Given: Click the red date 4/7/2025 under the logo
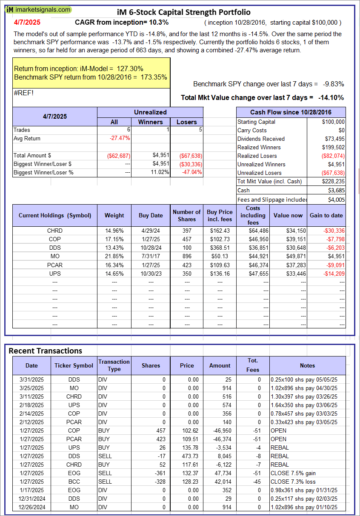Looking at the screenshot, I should point(27,22).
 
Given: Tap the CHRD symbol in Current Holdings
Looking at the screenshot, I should point(55,231).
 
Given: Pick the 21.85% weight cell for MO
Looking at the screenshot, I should point(114,256).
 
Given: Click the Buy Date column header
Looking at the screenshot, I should point(151,215).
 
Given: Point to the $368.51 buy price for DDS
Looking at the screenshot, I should point(220,248).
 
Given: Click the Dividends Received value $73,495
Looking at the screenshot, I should point(333,139).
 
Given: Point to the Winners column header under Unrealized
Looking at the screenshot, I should point(150,122).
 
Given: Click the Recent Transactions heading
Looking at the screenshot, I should point(45,351).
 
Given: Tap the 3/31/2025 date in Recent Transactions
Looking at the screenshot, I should point(31,379).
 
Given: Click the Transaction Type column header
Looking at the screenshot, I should point(114,365).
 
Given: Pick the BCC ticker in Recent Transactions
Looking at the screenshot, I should point(74,482).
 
